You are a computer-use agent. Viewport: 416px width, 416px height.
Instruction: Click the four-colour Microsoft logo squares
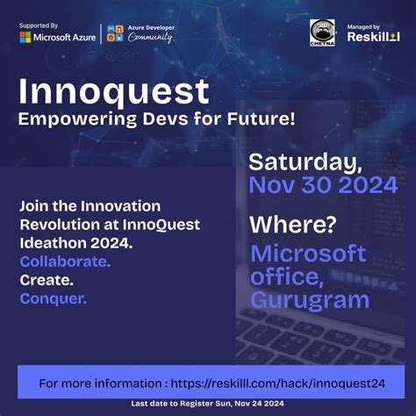(25, 38)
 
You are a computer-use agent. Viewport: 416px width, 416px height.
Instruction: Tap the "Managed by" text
(363, 26)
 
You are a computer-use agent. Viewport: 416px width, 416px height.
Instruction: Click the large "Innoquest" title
(114, 90)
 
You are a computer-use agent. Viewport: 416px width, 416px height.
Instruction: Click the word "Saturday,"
(305, 162)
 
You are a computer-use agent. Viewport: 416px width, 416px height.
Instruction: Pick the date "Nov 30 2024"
(322, 185)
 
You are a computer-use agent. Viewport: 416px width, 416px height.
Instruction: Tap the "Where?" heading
(292, 225)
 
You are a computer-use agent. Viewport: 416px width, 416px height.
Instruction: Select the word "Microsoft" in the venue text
(307, 254)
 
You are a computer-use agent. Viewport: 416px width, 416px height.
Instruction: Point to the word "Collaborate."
(65, 262)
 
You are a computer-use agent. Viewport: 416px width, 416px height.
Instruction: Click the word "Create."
(47, 280)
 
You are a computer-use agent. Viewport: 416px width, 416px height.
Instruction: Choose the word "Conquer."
(54, 298)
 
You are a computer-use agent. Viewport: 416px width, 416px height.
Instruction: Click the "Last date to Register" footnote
(207, 403)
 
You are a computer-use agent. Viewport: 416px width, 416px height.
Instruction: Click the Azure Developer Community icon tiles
(116, 33)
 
